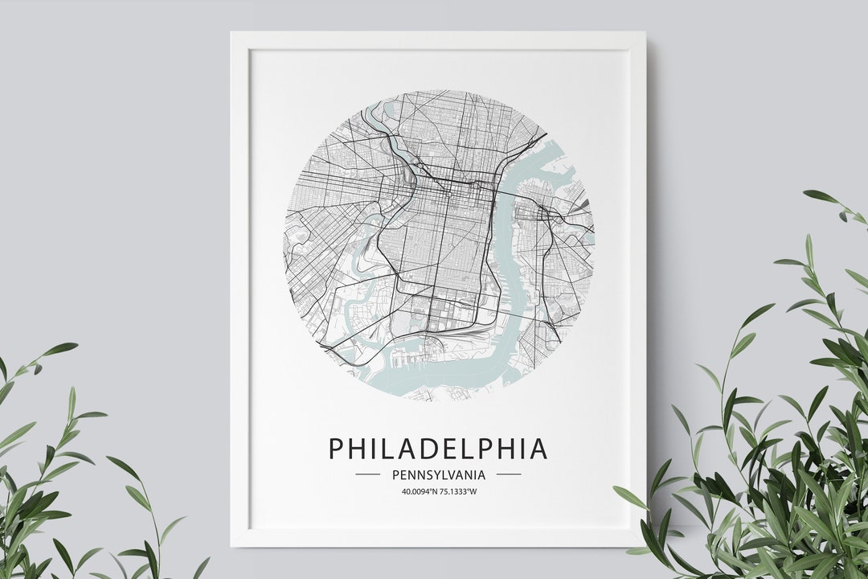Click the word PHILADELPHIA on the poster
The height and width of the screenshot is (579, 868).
click(438, 449)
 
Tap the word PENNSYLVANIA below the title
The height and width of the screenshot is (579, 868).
click(438, 474)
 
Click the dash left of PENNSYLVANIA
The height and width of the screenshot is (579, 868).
click(367, 474)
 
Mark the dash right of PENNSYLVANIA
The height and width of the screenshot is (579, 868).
click(509, 474)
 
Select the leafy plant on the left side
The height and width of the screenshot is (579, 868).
click(56, 482)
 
